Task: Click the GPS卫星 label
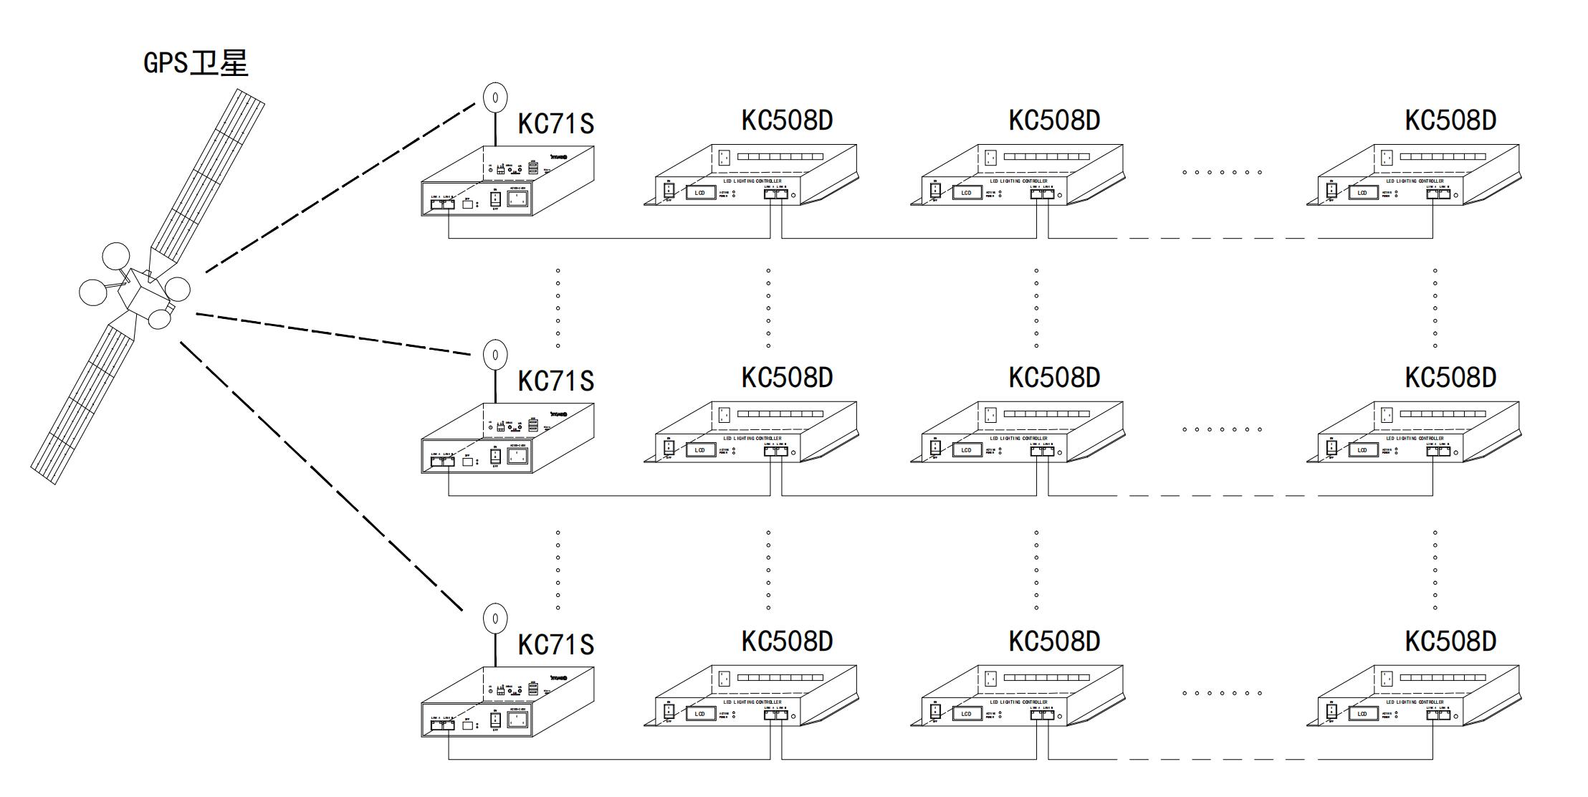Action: click(196, 63)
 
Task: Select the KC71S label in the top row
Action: click(555, 123)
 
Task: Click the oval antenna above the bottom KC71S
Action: click(495, 619)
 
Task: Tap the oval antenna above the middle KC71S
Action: click(495, 355)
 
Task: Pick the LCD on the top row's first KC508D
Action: click(700, 193)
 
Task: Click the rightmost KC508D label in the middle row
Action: click(1450, 378)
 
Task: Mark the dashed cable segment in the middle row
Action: click(1218, 495)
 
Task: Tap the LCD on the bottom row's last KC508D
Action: click(1362, 714)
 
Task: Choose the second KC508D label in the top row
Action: click(1054, 120)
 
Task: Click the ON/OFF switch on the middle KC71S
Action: click(495, 456)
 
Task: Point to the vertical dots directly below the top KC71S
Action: click(558, 308)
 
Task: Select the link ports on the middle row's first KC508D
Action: click(775, 451)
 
